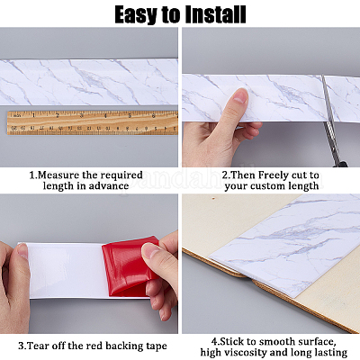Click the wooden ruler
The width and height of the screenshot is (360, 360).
(x=90, y=122)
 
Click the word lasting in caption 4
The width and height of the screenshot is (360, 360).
(x=325, y=354)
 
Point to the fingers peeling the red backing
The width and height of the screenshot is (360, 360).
(x=162, y=270)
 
